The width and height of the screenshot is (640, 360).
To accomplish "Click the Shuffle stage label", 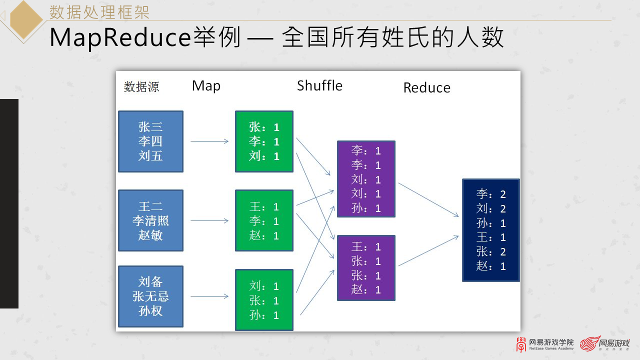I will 319,85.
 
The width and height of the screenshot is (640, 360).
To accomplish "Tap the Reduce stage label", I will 426,88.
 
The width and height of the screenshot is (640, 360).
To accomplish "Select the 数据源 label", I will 141,87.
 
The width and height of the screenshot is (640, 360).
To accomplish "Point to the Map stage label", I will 206,85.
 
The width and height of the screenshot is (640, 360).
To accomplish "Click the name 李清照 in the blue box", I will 150,220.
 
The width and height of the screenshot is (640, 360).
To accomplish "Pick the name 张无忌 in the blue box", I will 150,296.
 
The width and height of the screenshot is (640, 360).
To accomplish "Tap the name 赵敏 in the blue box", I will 150,235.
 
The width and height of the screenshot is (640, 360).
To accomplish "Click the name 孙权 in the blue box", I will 150,310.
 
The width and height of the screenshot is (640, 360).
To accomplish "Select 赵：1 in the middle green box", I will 264,235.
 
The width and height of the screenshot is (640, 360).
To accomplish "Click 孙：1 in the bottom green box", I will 264,315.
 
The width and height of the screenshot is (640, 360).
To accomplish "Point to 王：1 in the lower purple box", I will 366,246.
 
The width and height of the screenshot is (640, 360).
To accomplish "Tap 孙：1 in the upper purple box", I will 366,208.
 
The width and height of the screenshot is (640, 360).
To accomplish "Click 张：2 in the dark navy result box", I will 491,251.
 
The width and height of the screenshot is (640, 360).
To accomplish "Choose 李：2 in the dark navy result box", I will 491,194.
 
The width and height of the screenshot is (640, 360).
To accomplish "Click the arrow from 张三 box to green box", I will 209,141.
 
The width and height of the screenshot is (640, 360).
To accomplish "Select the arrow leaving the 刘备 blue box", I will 209,296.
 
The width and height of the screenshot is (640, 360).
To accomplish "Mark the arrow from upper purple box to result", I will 428,200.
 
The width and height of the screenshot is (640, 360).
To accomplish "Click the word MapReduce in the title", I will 120,38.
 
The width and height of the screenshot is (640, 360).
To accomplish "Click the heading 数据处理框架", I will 99,11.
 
